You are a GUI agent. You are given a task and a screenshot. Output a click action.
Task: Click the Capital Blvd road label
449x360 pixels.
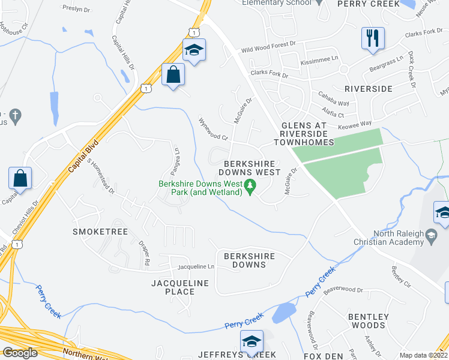tap(83, 157)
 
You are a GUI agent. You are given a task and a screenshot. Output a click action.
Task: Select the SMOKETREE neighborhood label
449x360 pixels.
tap(93, 231)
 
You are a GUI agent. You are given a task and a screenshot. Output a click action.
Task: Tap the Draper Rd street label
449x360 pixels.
tap(145, 254)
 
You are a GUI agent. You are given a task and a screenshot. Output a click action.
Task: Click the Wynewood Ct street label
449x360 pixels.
tap(214, 128)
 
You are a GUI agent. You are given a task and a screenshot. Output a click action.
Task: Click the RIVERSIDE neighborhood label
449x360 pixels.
tap(368, 88)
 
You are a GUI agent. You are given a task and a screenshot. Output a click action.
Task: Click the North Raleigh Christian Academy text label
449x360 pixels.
tap(398, 238)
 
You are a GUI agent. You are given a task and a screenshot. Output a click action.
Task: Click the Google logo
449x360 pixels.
tap(20, 353)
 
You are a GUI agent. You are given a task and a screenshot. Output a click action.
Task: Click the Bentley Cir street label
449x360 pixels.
tap(403, 277)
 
